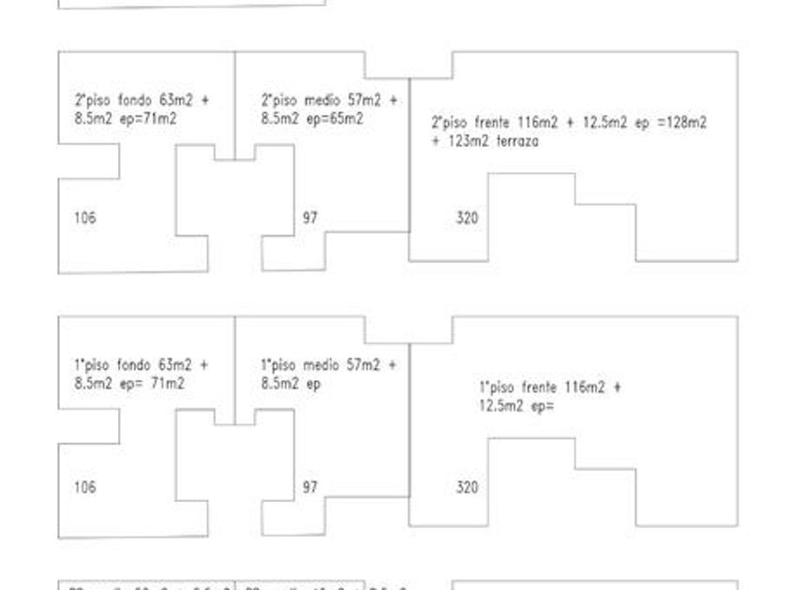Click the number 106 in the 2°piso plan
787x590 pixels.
point(84,218)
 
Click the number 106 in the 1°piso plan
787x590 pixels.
point(84,487)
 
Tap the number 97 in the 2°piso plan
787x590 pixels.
point(310,218)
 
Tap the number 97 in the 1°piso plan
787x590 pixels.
point(310,487)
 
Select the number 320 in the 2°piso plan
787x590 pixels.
point(467,218)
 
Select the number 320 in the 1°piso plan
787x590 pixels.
point(467,487)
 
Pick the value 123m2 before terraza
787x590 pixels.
point(465,142)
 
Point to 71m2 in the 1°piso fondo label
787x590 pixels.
point(168,383)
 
